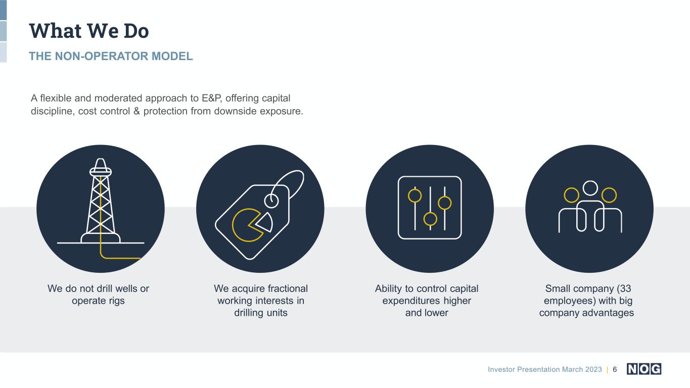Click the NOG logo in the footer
[644, 369]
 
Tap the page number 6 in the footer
[615, 369]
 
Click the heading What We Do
[89, 31]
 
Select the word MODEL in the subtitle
[172, 56]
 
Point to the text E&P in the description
[211, 98]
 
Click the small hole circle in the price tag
[271, 201]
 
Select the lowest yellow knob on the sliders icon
[430, 219]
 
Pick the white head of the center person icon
[590, 188]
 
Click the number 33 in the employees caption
[625, 288]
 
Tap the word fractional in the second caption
[288, 288]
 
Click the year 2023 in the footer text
[593, 369]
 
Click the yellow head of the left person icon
[571, 195]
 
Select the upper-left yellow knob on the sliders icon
[415, 196]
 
